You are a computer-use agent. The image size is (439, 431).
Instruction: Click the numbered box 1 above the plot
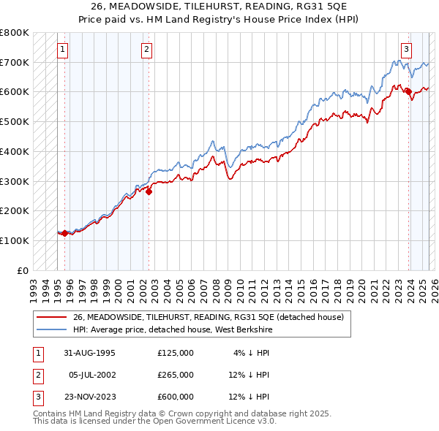pos(63,50)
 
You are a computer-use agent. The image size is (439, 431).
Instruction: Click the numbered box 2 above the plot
pos(147,50)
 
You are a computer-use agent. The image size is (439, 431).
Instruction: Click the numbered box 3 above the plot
pos(406,50)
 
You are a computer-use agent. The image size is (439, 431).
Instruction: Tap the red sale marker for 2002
pos(149,192)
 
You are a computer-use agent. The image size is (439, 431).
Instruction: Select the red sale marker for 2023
pos(409,92)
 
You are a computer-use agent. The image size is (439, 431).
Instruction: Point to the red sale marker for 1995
pos(64,233)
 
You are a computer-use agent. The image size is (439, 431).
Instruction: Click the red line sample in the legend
pos(51,316)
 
